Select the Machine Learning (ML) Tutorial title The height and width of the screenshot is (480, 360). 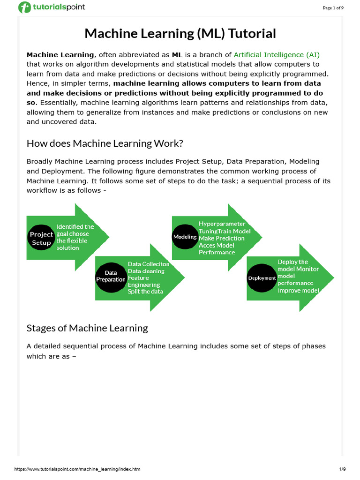click(x=180, y=34)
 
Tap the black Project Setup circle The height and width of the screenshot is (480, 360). click(x=42, y=239)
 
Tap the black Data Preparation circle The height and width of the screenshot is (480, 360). click(x=111, y=276)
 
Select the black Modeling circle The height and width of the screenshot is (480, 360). click(x=185, y=237)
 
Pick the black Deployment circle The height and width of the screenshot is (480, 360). click(x=262, y=278)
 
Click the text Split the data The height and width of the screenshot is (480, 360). click(x=145, y=291)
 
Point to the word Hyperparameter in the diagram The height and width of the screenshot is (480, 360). click(x=222, y=224)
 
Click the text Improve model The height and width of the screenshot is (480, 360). click(x=298, y=290)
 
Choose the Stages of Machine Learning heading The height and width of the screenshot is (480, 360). click(x=87, y=328)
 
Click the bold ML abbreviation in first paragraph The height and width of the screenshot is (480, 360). click(x=177, y=55)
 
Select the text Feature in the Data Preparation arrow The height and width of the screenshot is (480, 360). click(x=138, y=278)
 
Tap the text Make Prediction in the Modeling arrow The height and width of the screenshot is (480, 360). click(x=221, y=238)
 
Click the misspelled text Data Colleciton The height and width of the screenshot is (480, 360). click(x=149, y=264)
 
